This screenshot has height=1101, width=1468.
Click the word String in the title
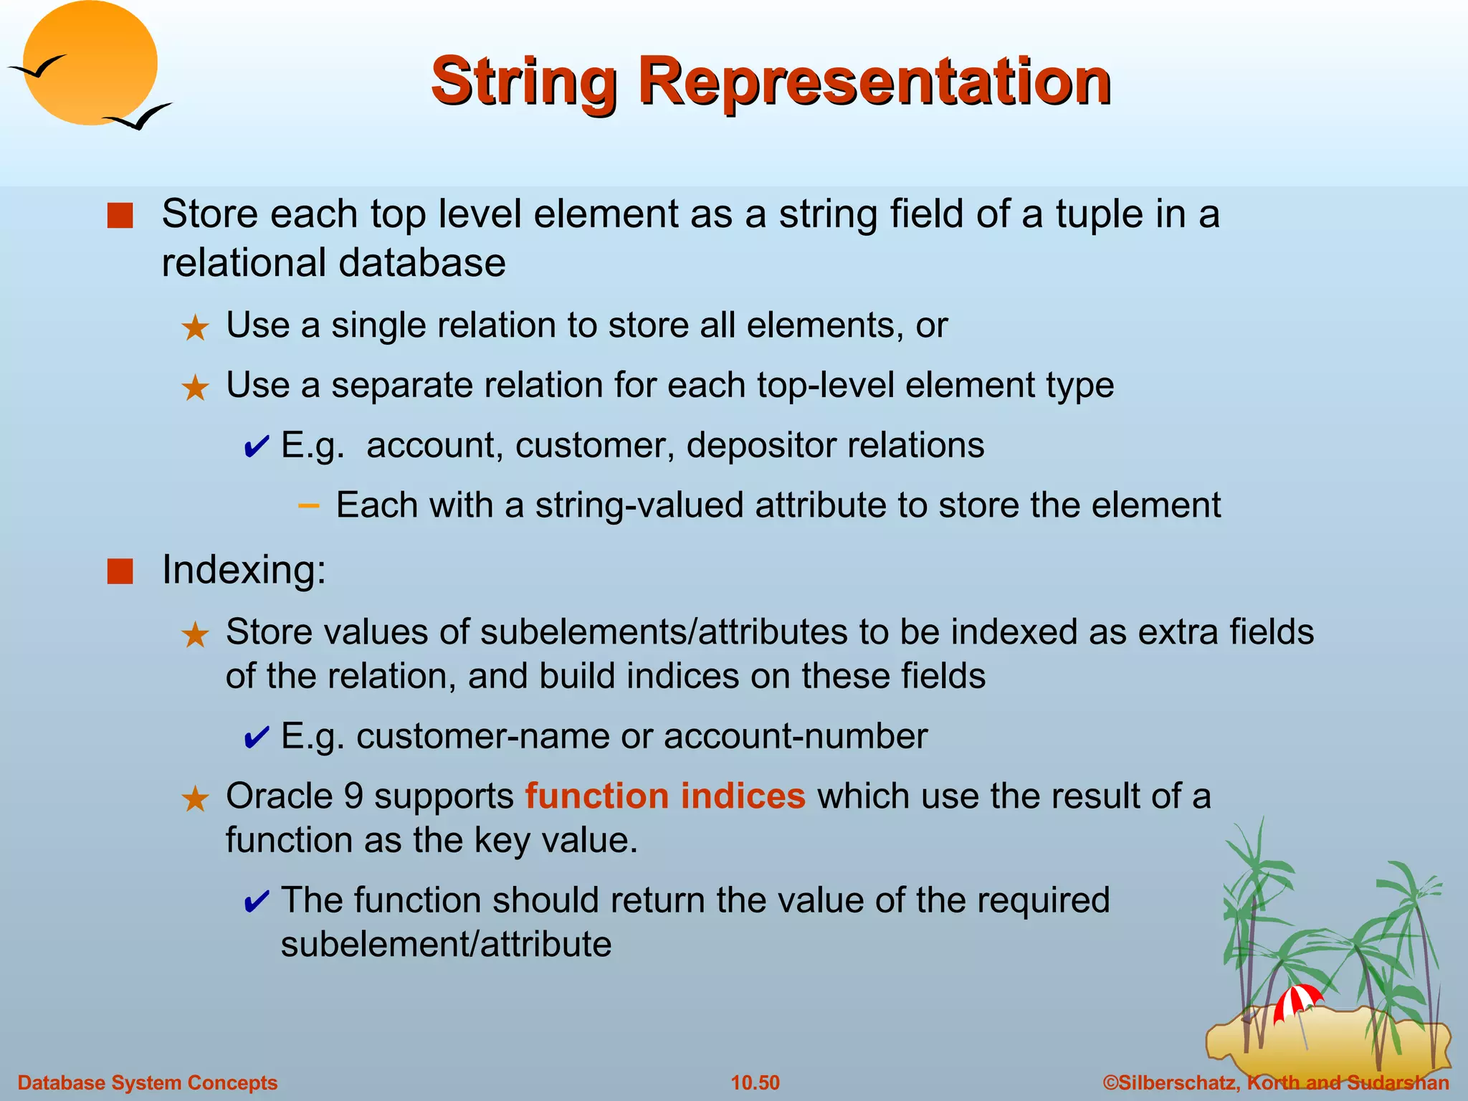pyautogui.click(x=523, y=82)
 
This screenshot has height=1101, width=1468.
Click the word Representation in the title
pyautogui.click(x=874, y=82)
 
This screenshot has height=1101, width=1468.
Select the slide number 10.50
pyautogui.click(x=755, y=1082)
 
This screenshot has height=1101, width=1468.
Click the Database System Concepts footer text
pyautogui.click(x=147, y=1082)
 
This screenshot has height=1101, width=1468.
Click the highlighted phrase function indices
pyautogui.click(x=665, y=796)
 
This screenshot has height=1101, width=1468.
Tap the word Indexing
pyautogui.click(x=244, y=570)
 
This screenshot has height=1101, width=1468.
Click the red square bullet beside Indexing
pyautogui.click(x=120, y=572)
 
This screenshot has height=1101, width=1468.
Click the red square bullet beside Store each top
pyautogui.click(x=120, y=216)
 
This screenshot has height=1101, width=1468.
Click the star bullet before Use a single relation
pyautogui.click(x=195, y=328)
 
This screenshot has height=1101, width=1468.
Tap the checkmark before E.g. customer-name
pyautogui.click(x=256, y=738)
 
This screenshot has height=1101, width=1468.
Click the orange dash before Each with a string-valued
pyautogui.click(x=308, y=506)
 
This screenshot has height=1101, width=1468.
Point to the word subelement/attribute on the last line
pyautogui.click(x=446, y=944)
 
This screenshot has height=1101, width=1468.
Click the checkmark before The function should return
pyautogui.click(x=256, y=902)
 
